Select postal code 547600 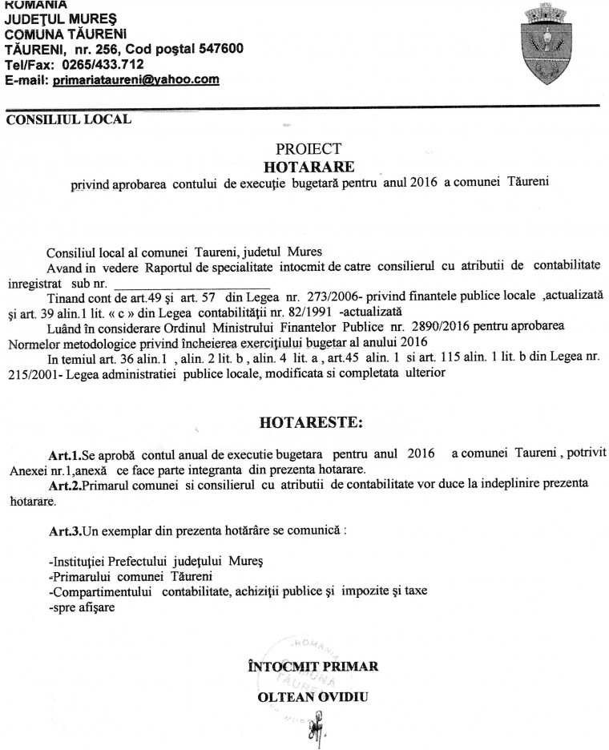click(218, 49)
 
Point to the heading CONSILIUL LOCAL click(68, 121)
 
